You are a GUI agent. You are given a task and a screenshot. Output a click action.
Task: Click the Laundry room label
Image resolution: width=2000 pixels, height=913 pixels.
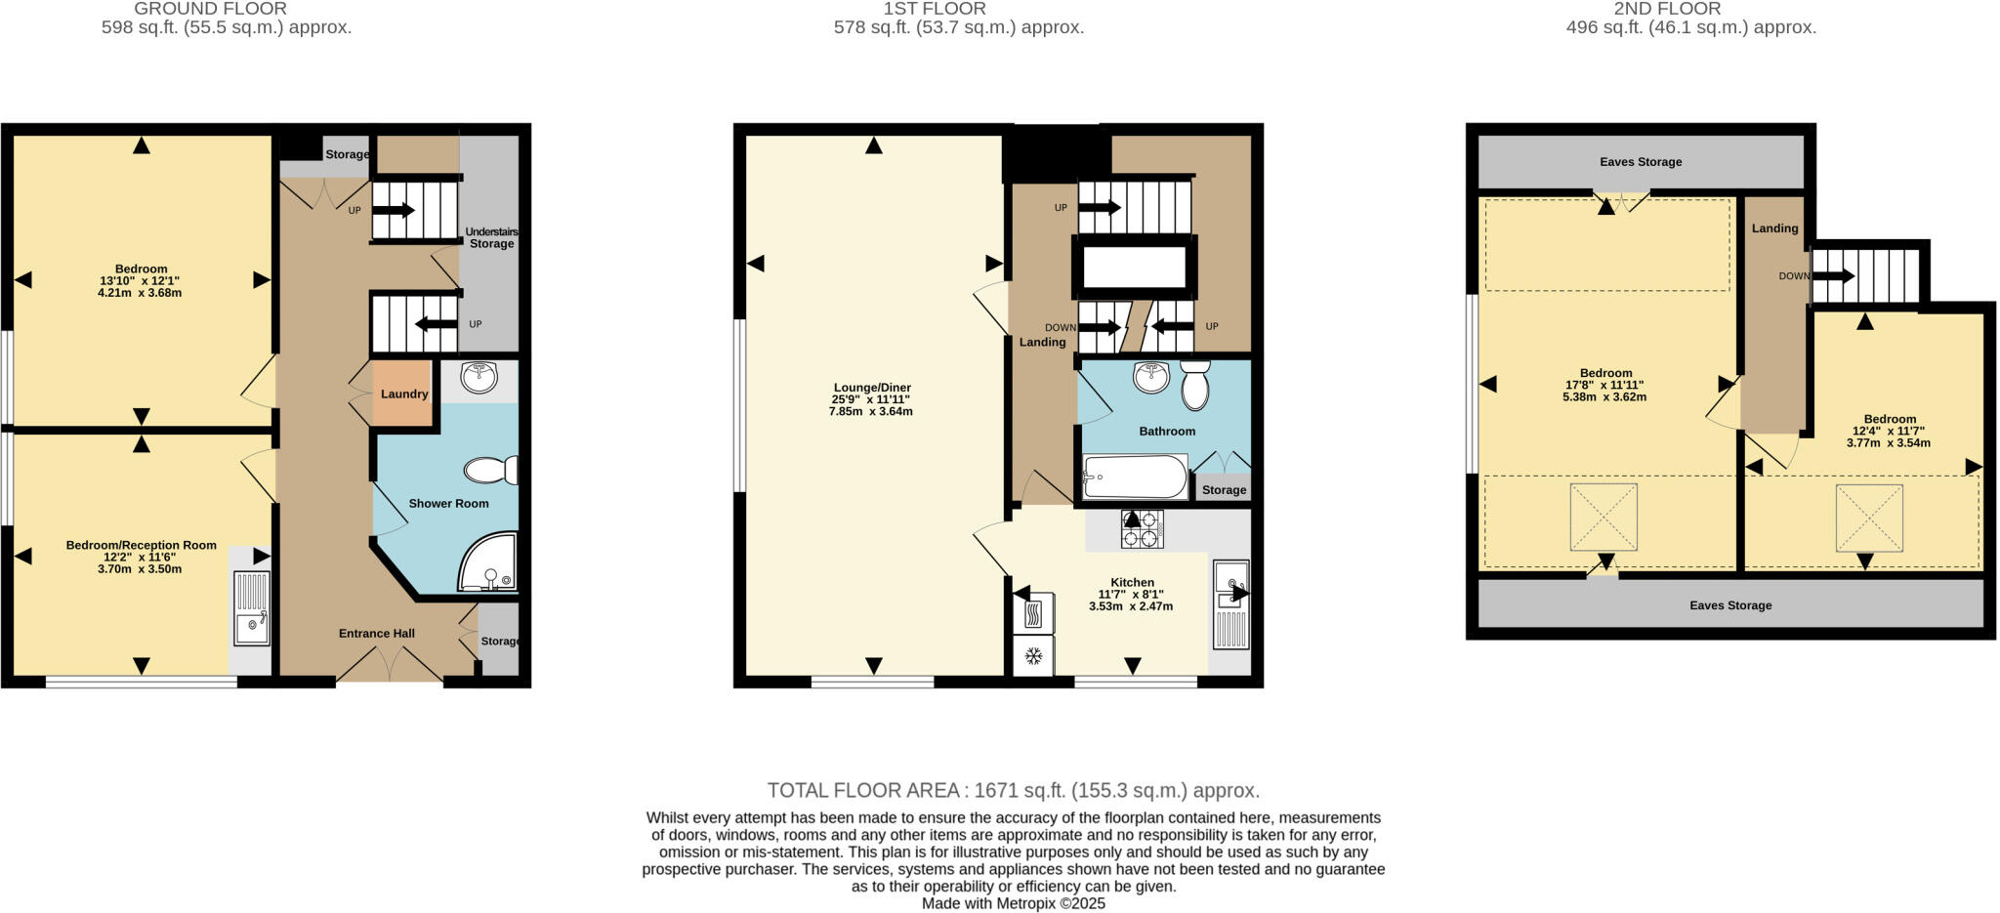(x=404, y=394)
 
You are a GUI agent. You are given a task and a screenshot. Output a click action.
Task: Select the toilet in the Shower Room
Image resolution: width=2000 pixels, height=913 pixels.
(x=490, y=471)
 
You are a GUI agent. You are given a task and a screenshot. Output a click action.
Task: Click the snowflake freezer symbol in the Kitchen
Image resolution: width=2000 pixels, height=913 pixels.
(x=1033, y=656)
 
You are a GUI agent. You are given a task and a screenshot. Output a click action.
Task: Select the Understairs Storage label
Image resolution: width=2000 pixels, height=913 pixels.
(x=491, y=237)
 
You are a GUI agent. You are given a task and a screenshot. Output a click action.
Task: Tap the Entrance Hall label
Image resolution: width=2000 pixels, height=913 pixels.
(x=377, y=634)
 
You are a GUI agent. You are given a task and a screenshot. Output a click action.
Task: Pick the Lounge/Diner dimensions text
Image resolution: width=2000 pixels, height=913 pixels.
(x=870, y=405)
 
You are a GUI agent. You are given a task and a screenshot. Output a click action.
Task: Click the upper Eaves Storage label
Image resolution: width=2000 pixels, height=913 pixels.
(x=1641, y=162)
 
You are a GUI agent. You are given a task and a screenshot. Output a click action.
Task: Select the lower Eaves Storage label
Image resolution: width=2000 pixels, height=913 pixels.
(x=1730, y=605)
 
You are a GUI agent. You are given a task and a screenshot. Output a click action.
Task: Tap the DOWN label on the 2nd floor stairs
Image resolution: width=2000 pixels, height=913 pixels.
(x=1794, y=276)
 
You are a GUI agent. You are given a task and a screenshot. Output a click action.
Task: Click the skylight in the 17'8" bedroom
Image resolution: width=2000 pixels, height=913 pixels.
(x=1604, y=517)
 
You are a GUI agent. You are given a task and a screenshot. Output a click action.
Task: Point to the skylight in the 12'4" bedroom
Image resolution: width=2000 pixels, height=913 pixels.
(x=1869, y=518)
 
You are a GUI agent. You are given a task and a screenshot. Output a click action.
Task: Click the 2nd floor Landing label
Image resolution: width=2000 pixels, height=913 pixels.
(x=1774, y=228)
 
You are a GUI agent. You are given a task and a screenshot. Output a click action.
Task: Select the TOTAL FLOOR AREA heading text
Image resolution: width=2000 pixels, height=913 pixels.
(x=1013, y=790)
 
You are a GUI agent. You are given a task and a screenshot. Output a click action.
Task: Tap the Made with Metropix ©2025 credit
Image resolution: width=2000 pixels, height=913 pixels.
(x=1013, y=904)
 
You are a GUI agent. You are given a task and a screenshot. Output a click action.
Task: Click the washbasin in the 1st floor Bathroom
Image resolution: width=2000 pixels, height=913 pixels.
(x=1152, y=377)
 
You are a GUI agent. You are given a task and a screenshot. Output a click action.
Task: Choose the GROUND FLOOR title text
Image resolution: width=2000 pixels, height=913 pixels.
(x=210, y=9)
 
